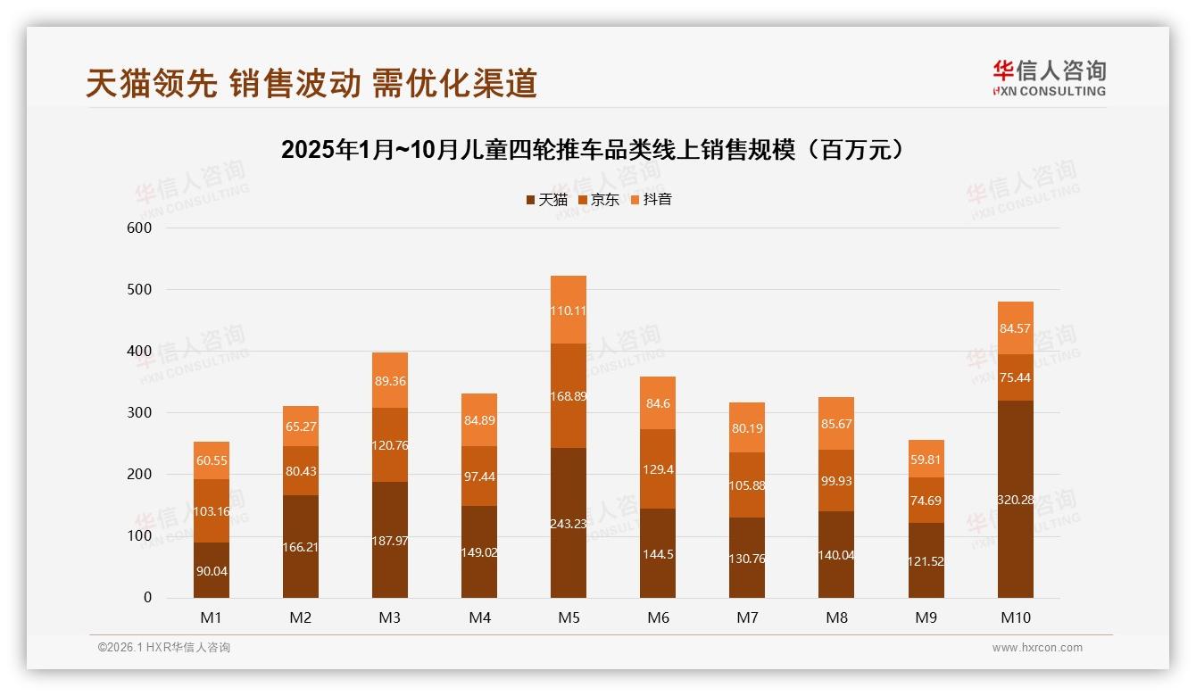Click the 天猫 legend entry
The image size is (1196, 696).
click(546, 200)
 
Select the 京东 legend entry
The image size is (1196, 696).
click(599, 200)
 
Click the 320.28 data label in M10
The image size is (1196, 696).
click(1015, 499)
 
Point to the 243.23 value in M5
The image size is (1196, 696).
click(569, 523)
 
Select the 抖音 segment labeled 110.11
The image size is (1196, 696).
click(569, 311)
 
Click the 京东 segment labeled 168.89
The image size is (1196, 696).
click(569, 395)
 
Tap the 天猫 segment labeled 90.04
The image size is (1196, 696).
click(212, 570)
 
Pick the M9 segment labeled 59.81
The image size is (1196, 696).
click(926, 459)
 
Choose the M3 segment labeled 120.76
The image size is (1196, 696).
click(390, 444)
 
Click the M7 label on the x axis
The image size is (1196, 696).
click(747, 617)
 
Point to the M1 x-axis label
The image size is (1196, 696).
click(212, 617)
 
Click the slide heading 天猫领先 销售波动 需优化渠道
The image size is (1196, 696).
click(311, 83)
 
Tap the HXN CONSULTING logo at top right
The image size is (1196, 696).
click(1049, 79)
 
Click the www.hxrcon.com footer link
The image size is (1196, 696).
click(1037, 648)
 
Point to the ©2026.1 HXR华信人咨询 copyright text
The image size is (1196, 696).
click(164, 648)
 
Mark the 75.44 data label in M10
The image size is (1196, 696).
click(1015, 377)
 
